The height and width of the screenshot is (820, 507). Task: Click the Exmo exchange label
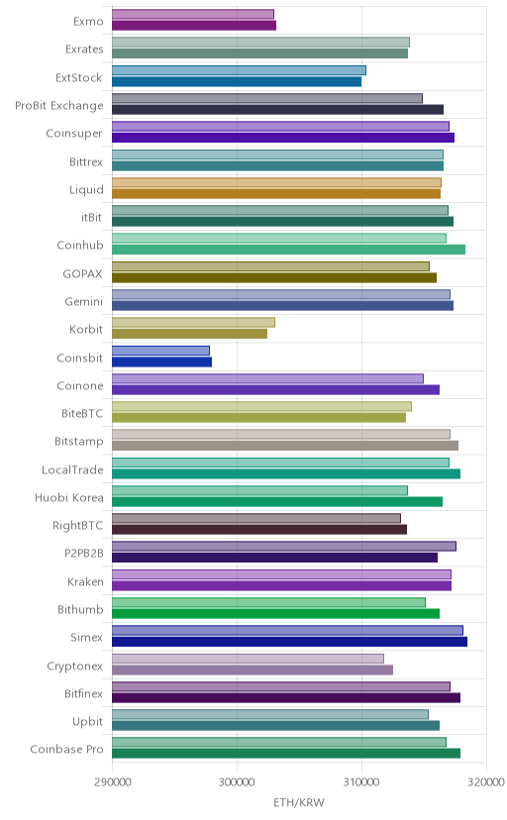point(88,22)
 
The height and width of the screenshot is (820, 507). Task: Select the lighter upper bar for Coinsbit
point(161,351)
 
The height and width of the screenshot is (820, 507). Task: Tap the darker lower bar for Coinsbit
point(162,361)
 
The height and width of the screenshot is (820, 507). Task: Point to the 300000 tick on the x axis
point(237,781)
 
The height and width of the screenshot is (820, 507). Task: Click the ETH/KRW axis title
point(299,803)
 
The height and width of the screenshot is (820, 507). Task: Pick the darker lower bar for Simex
point(289,642)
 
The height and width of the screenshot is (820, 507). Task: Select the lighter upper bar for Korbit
point(193,322)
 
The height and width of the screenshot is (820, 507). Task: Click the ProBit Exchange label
point(59,106)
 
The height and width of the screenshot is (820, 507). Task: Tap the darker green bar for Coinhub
point(288,250)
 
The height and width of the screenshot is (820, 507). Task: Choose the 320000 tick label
point(486,781)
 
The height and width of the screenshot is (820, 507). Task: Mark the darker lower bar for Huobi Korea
point(277,501)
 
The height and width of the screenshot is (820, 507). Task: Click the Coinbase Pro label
point(67,750)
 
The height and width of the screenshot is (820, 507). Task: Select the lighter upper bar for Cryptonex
point(249,659)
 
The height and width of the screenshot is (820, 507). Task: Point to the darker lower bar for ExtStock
point(237,81)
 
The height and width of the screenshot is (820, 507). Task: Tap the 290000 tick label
point(112,781)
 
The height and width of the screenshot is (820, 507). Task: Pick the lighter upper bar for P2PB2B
point(284,547)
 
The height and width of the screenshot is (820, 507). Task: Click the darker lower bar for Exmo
point(194,25)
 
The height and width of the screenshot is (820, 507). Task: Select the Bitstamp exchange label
point(79,442)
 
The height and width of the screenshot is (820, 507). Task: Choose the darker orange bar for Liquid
point(276,193)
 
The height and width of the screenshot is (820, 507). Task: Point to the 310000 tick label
point(361,781)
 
